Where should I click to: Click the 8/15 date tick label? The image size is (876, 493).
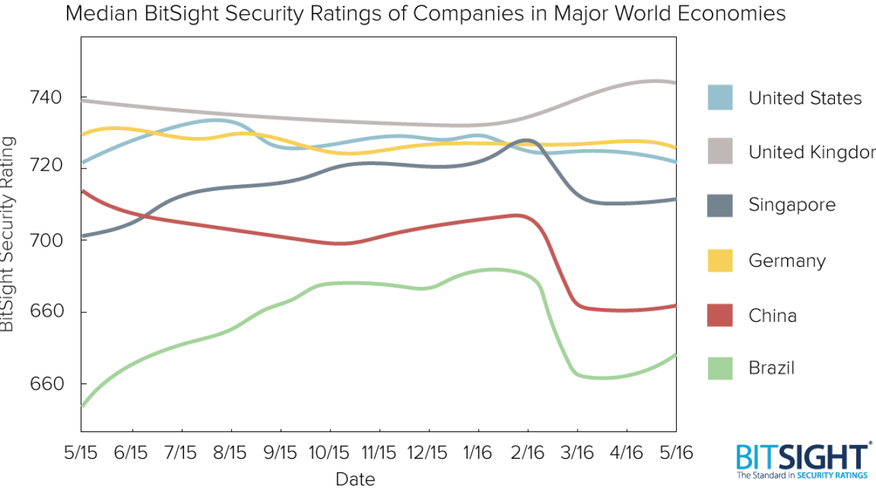tap(231, 453)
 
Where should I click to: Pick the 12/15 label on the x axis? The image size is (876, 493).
tap(428, 453)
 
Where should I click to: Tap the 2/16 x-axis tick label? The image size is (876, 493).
tap(528, 453)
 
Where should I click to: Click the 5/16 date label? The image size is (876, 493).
tap(675, 453)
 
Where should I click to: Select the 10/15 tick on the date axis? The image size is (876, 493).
tap(330, 453)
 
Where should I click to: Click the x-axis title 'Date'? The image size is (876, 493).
tap(355, 479)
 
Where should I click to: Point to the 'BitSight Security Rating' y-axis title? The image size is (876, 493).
tap(8, 233)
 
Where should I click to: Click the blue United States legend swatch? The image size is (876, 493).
tap(720, 97)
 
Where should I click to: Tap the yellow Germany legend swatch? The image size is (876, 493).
tap(720, 260)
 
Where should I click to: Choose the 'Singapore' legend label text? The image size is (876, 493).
tap(792, 205)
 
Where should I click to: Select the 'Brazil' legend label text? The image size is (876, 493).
tap(771, 368)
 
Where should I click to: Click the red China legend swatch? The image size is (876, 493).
tap(720, 315)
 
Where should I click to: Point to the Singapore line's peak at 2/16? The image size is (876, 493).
tap(525, 140)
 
